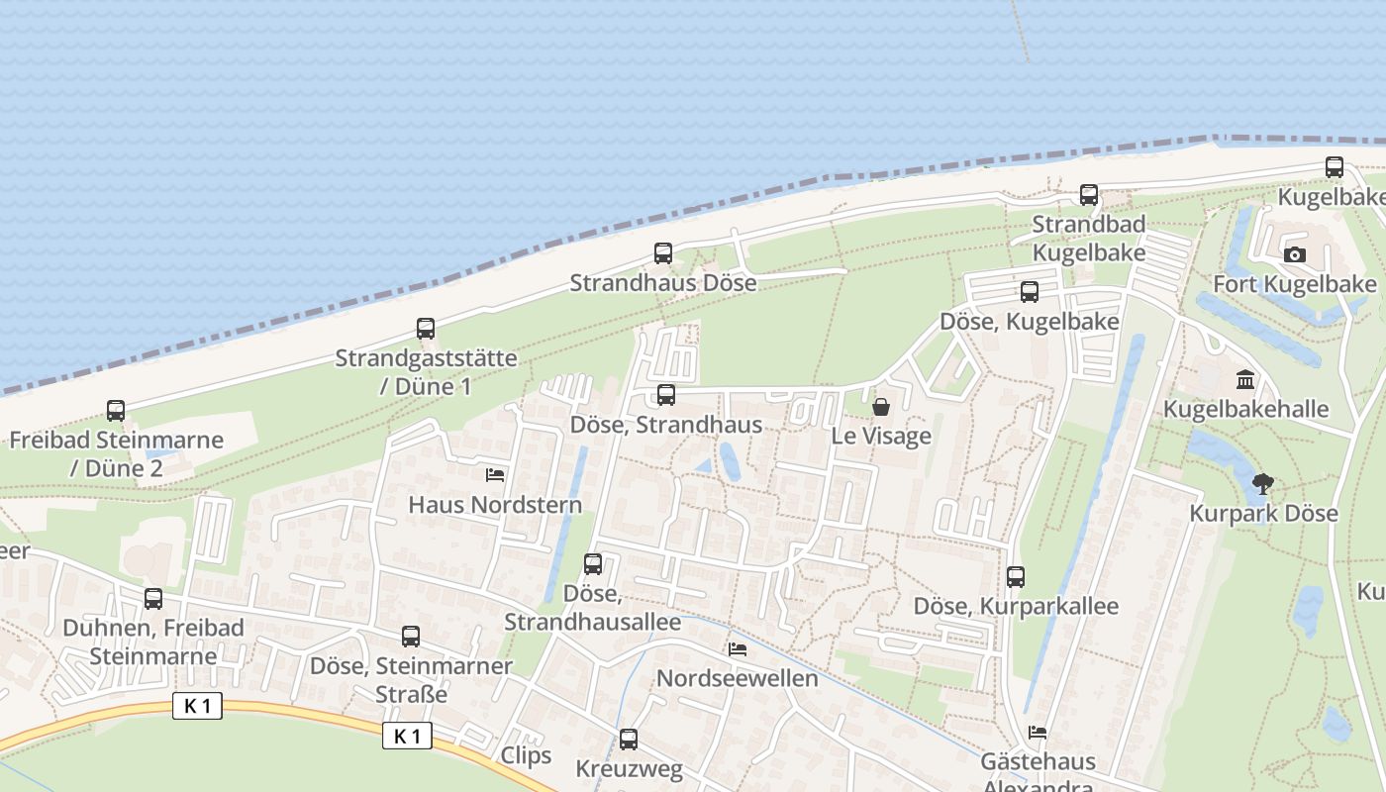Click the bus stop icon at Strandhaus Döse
coord(663,253)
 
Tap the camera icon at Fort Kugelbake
coord(1294,254)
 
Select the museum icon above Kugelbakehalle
coord(1245,379)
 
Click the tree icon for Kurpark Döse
coord(1262,484)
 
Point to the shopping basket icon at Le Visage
coord(881,407)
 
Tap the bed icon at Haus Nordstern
coord(495,475)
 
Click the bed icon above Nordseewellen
coord(738,649)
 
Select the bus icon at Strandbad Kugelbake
coord(1089,194)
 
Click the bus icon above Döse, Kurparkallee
coord(1016,577)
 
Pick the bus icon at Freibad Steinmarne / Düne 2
coord(116,410)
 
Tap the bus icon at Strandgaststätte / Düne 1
coord(426,329)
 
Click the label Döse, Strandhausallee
coord(592,608)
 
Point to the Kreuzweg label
coord(629,768)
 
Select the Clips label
coord(526,755)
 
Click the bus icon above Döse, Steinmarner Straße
coord(411,637)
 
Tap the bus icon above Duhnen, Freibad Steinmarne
coord(153,599)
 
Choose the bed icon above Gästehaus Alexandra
coord(1038,733)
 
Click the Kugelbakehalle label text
coord(1245,409)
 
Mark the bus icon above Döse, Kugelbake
coord(1030,292)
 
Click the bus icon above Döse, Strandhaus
coord(666,395)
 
